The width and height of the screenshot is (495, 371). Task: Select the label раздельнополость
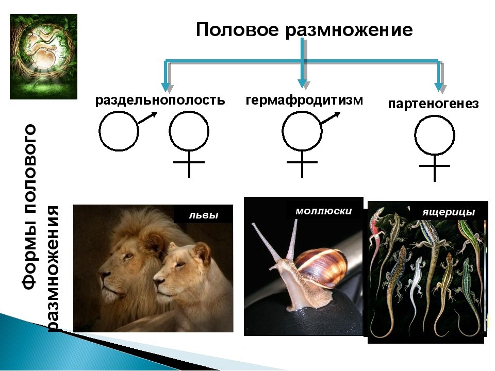pyautogui.click(x=160, y=100)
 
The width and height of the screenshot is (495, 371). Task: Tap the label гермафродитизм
pyautogui.click(x=304, y=99)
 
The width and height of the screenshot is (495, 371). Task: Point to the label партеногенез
pyautogui.click(x=433, y=104)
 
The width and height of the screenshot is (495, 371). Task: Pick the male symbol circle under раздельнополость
pyautogui.click(x=119, y=131)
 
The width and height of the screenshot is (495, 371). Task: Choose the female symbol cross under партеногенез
pyautogui.click(x=434, y=167)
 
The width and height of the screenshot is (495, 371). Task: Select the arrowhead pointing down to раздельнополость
pyautogui.click(x=166, y=86)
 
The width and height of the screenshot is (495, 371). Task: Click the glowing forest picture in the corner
pyautogui.click(x=43, y=56)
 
